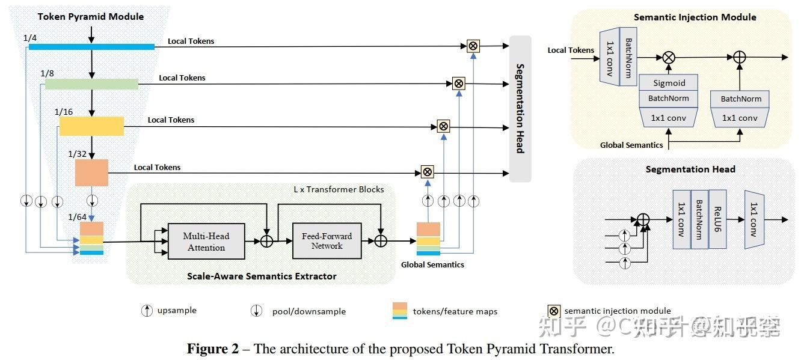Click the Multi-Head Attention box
[206, 242]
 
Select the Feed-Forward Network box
[327, 240]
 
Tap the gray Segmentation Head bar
[520, 108]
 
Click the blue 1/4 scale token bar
[91, 46]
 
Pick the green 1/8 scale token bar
[91, 84]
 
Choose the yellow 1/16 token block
[91, 126]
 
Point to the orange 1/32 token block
[91, 172]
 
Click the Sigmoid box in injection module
[669, 83]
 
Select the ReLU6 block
[717, 219]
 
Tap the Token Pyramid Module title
[91, 16]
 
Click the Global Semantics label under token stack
[432, 264]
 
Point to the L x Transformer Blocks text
[339, 189]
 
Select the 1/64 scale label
[78, 217]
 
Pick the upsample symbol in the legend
[146, 311]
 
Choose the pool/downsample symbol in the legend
[257, 311]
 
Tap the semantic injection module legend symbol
[553, 311]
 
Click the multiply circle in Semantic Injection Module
[669, 58]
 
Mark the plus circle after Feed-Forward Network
[380, 240]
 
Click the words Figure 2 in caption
[212, 349]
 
